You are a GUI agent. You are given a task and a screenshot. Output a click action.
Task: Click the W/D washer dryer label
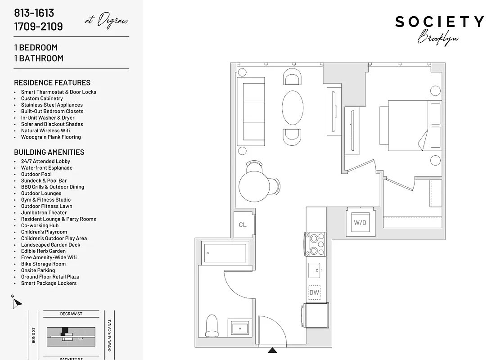tap(360, 223)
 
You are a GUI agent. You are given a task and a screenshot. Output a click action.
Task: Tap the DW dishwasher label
tap(314, 292)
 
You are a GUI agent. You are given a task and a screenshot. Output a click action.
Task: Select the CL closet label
tap(243, 225)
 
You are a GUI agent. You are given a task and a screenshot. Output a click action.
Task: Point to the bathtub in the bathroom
tap(225, 253)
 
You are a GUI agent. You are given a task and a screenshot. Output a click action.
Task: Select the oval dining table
tap(292, 108)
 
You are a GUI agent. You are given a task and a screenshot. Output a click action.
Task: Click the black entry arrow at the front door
tap(272, 350)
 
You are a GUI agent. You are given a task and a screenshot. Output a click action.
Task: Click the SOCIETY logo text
tap(439, 22)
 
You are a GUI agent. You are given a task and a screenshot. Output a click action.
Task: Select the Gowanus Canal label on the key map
tap(109, 336)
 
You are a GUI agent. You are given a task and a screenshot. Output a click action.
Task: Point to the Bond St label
tap(34, 335)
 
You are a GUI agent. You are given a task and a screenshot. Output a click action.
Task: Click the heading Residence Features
tap(52, 83)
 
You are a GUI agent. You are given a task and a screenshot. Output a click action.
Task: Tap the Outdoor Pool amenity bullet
tap(36, 174)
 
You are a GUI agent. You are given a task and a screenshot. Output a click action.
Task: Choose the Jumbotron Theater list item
tap(44, 212)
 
